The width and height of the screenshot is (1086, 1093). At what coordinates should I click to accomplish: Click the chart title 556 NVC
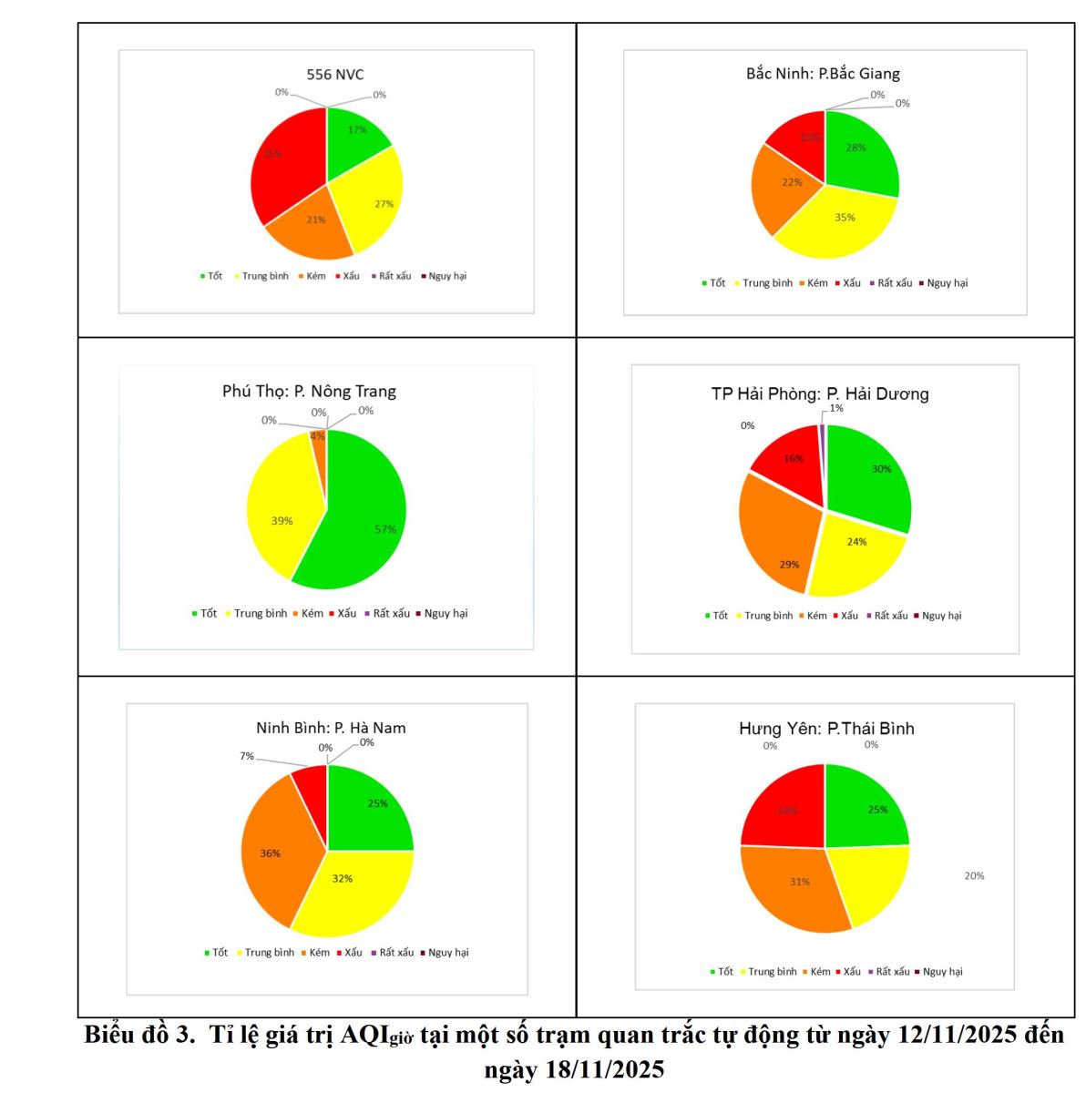[334, 74]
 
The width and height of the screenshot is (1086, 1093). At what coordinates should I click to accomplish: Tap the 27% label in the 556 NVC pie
[384, 204]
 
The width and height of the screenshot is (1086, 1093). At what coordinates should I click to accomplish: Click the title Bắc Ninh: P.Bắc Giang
[823, 74]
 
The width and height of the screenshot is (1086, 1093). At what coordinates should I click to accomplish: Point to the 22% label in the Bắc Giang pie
[792, 182]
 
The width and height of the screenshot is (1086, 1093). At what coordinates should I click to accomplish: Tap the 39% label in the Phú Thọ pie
[282, 521]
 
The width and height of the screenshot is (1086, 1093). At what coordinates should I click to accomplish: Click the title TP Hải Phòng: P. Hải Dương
[820, 393]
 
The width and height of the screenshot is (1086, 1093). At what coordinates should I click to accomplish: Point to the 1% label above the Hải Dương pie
[836, 408]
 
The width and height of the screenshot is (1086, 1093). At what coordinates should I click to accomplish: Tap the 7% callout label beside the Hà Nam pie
[247, 756]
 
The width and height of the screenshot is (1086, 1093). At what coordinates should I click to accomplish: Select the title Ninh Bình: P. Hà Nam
[331, 728]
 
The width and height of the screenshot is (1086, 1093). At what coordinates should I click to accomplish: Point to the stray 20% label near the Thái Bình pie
[974, 876]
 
